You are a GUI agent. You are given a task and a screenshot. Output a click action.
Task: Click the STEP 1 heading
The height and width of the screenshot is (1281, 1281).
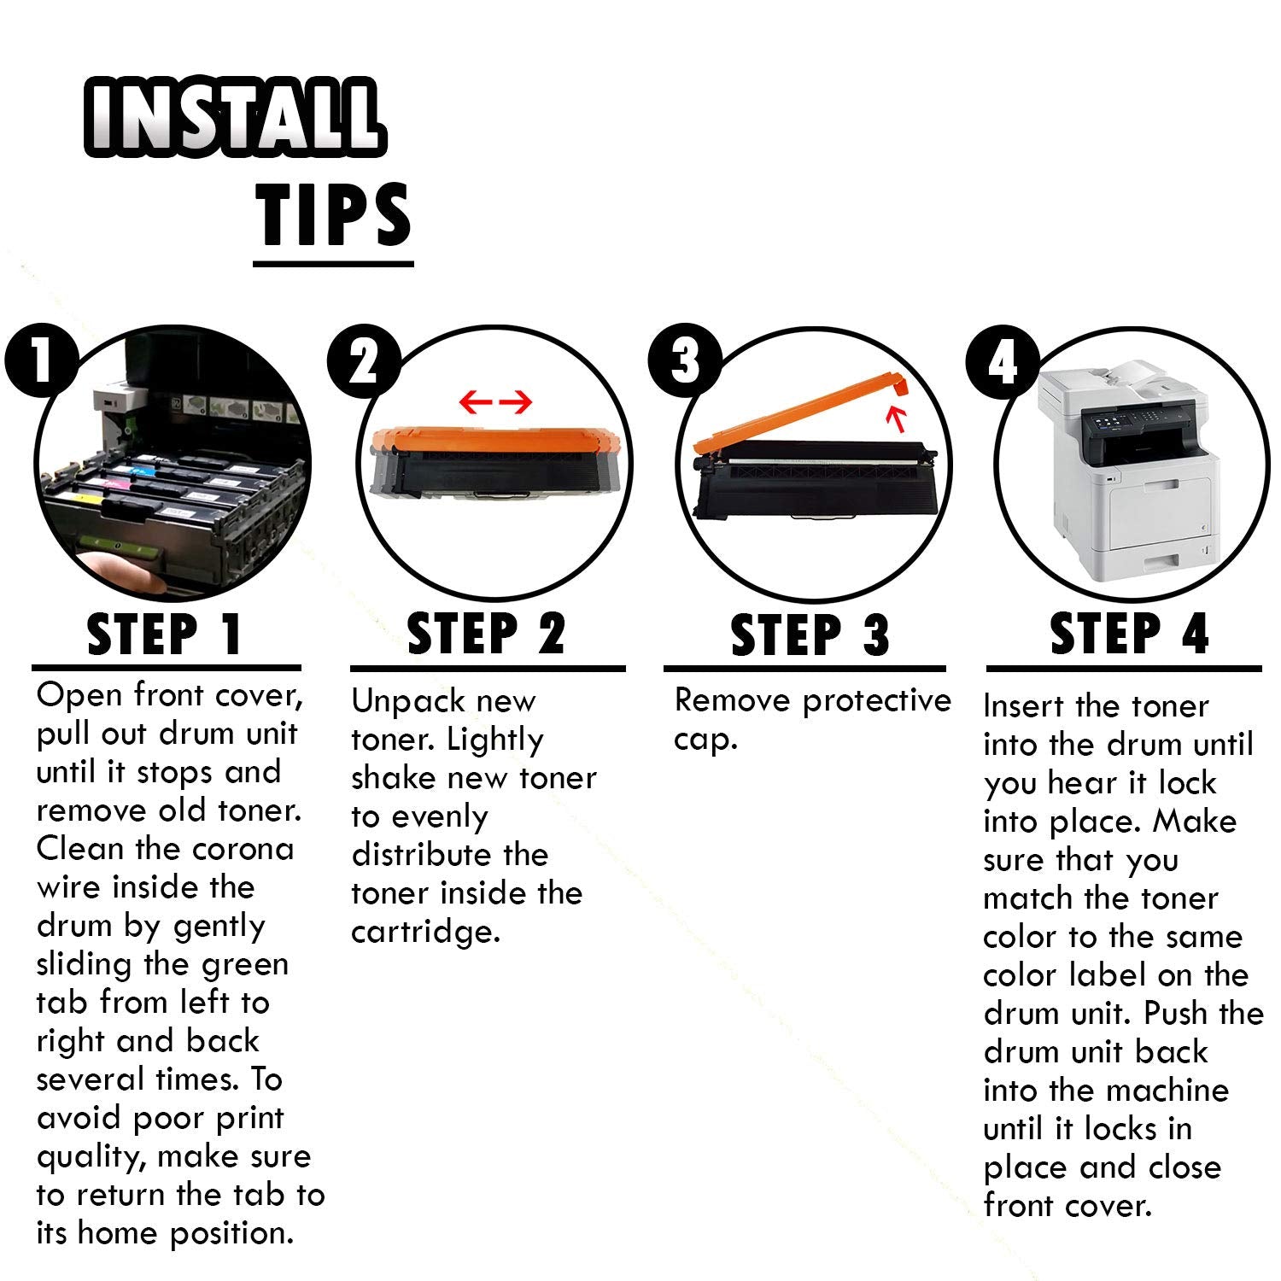click(x=166, y=635)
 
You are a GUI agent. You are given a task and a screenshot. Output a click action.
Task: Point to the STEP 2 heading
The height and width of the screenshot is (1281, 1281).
click(x=487, y=634)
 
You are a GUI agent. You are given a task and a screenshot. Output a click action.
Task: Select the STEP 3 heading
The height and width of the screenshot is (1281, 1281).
click(x=810, y=635)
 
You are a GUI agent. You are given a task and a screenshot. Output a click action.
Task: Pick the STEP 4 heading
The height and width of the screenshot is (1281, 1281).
click(x=1130, y=634)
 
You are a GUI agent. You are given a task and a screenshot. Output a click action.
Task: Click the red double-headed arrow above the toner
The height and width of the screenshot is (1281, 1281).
click(x=496, y=401)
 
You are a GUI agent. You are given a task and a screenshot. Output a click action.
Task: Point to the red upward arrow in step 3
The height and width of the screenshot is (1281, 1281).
click(x=895, y=419)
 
